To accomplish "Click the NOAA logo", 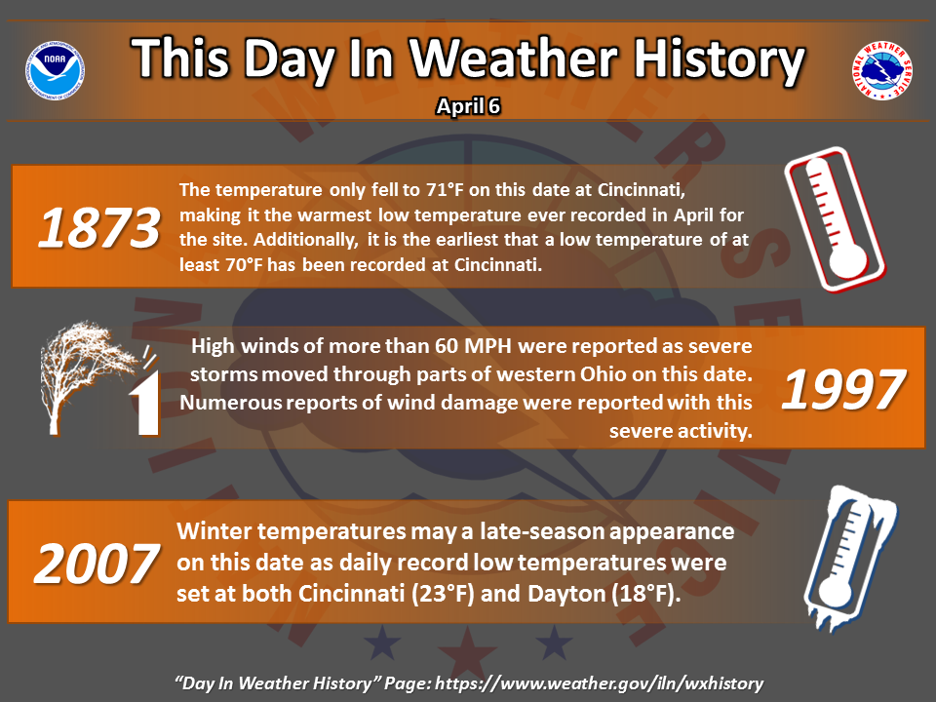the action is tap(55, 70).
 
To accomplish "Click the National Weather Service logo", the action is tap(882, 70).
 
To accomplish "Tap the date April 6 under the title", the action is tap(468, 106).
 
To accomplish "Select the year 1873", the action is tap(99, 227).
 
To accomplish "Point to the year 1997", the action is tap(843, 389).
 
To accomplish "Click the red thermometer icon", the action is tap(835, 219).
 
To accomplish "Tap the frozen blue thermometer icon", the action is tap(849, 558).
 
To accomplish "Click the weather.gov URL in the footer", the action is tap(599, 683).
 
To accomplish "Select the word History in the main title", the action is tap(719, 60).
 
